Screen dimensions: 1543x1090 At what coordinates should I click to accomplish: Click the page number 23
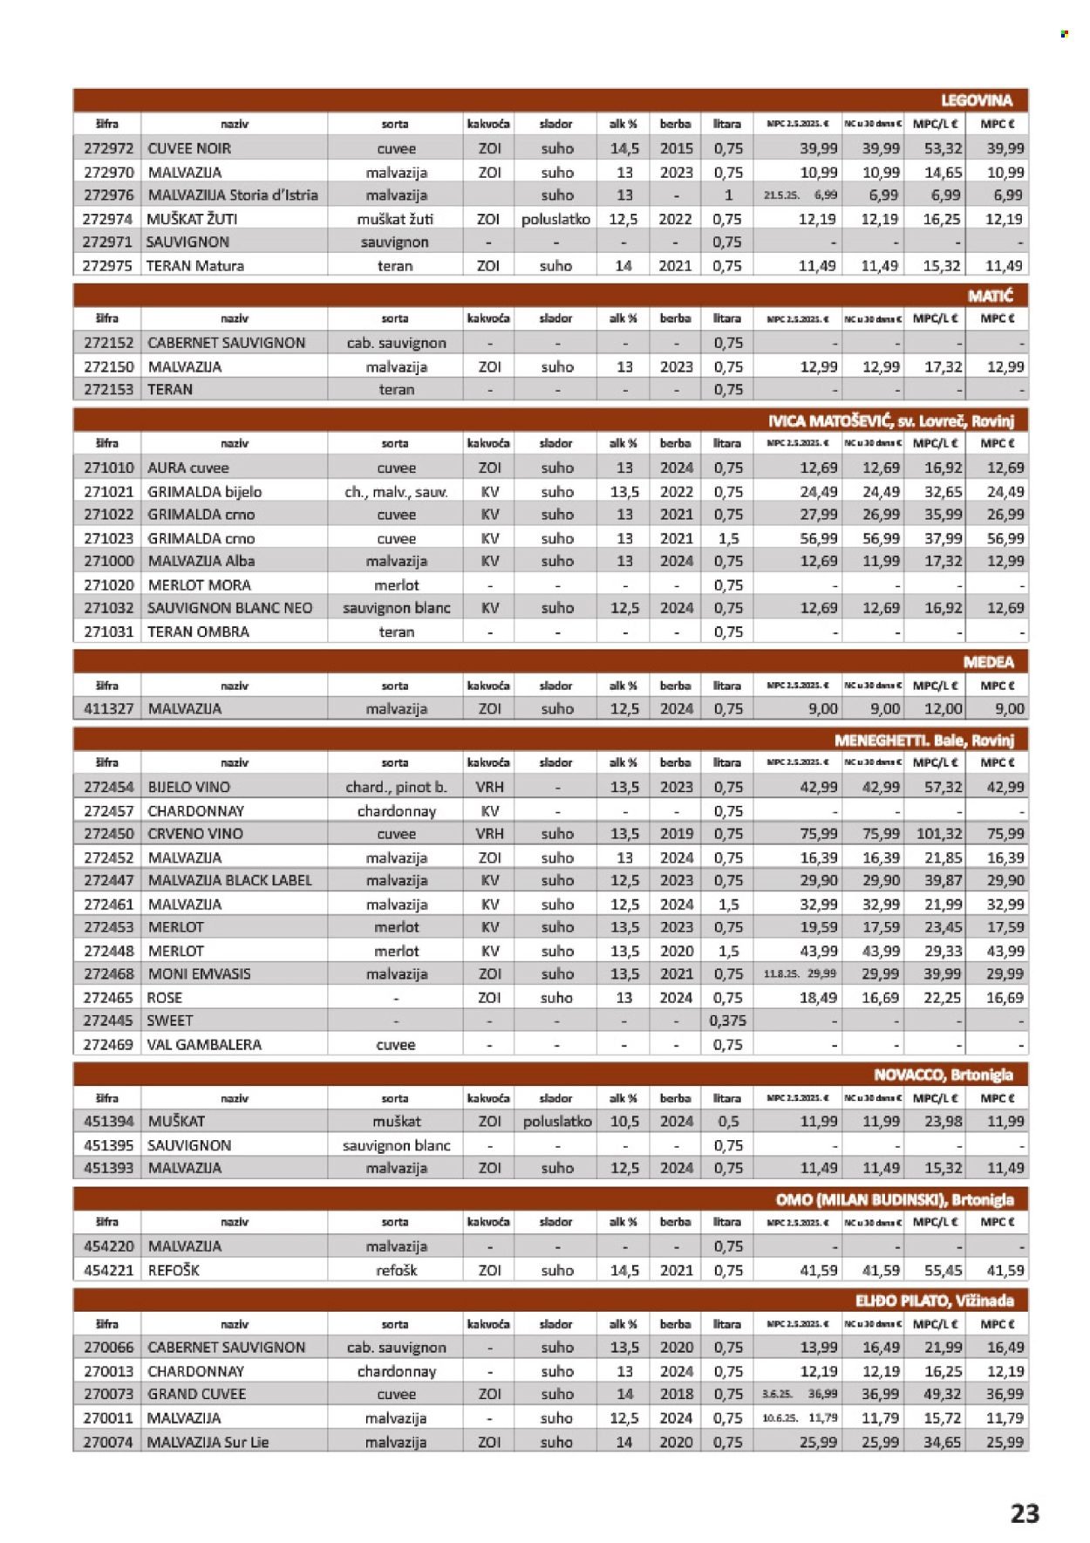click(1025, 1512)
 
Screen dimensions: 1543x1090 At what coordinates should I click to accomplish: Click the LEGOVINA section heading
click(976, 100)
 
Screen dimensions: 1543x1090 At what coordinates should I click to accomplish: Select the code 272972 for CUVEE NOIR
click(108, 148)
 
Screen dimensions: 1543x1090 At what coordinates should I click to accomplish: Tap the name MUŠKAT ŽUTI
click(192, 219)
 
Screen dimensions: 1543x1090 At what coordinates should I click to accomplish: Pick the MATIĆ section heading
click(990, 296)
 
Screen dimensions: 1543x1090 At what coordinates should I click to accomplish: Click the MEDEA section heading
click(988, 662)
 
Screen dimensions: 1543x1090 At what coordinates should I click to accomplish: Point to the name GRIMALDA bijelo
click(205, 492)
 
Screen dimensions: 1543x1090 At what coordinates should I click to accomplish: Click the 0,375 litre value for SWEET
click(727, 1021)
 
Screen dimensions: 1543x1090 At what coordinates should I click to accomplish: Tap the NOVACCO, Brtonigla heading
click(943, 1075)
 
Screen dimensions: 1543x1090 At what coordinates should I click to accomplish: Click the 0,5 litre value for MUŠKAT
click(727, 1122)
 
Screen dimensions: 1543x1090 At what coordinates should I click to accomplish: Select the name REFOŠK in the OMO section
click(174, 1270)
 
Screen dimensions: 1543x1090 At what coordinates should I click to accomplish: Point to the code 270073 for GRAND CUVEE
click(108, 1395)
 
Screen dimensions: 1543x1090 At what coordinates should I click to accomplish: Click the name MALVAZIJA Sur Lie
click(208, 1442)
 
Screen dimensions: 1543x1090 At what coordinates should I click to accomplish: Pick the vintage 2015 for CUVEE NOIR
click(676, 148)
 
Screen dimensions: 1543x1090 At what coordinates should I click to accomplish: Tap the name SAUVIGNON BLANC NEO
click(229, 608)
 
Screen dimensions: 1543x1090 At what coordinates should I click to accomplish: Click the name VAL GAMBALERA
click(204, 1044)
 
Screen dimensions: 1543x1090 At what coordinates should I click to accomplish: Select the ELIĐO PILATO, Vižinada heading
click(934, 1301)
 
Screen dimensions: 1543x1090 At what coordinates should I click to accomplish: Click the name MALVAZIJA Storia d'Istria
click(233, 195)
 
